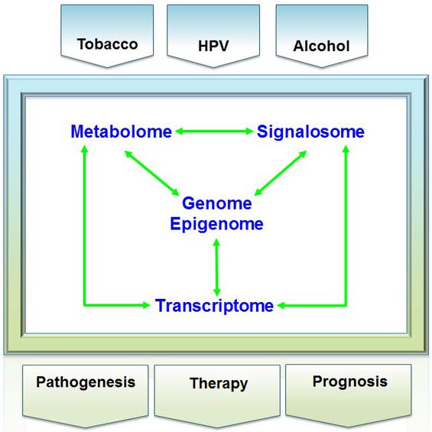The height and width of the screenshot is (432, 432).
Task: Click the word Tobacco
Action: tap(108, 44)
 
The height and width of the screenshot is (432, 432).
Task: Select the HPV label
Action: tap(213, 46)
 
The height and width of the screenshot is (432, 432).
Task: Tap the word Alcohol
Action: tap(322, 46)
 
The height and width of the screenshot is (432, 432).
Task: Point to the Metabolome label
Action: tap(122, 132)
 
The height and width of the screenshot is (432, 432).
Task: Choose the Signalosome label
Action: tap(310, 132)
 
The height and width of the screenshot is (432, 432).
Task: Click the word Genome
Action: tap(217, 203)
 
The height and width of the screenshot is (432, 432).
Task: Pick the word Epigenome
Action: tap(217, 223)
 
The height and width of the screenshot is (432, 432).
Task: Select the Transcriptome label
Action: tap(214, 305)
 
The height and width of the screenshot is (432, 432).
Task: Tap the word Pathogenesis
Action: tap(86, 382)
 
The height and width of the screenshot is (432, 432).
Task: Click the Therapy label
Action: tap(219, 383)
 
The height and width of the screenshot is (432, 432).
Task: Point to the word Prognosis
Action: tap(350, 382)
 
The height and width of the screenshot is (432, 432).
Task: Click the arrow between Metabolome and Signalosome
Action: tap(214, 132)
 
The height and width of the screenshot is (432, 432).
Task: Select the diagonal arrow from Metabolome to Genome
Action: tap(152, 173)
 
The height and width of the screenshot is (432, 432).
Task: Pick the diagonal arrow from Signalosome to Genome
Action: tap(281, 173)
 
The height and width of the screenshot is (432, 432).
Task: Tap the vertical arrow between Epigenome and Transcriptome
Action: tap(217, 268)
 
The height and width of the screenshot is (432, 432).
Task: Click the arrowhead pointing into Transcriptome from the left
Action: tap(146, 305)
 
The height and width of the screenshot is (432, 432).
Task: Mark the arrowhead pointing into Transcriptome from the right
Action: tap(281, 305)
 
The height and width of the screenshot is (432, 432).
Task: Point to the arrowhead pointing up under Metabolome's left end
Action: tap(85, 149)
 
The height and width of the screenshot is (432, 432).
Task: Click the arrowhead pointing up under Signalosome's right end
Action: tap(346, 149)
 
